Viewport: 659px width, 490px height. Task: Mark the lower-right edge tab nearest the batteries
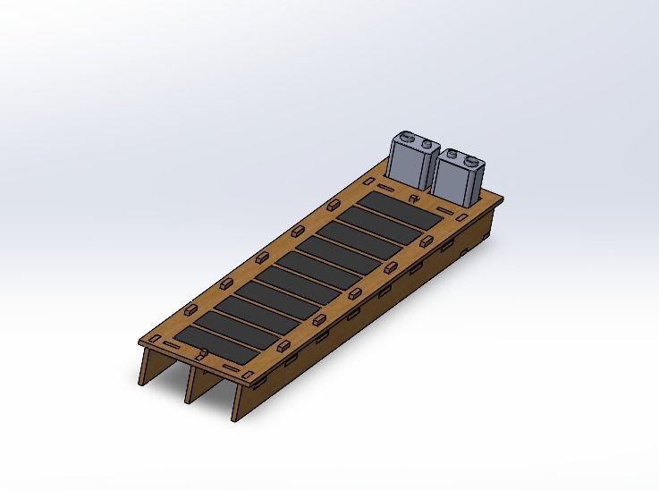tap(427, 241)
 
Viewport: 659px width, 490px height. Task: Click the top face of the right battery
tap(462, 158)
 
